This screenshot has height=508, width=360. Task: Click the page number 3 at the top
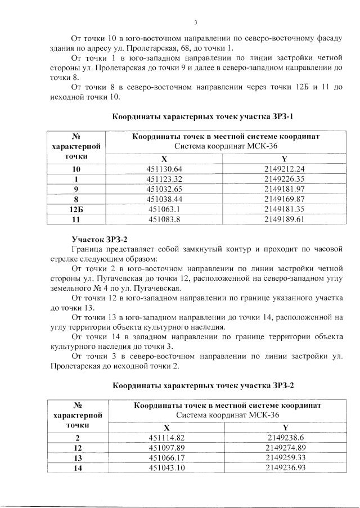(195, 23)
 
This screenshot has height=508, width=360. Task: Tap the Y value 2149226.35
(284, 179)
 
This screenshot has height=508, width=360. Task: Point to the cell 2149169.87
(284, 199)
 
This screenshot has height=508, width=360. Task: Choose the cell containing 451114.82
(166, 438)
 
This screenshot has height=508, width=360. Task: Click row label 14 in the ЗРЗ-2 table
(78, 468)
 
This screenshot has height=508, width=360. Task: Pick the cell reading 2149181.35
(284, 209)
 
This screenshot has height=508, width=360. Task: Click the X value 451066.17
(166, 458)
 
